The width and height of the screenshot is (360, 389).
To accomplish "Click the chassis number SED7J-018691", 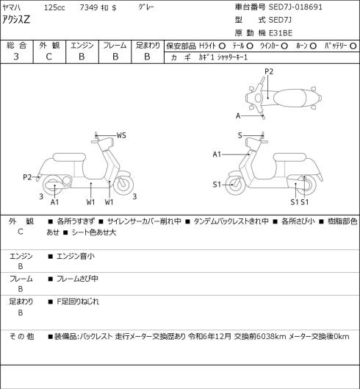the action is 295,7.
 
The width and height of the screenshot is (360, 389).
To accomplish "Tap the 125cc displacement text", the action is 54,7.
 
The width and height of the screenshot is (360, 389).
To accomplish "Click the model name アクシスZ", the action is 16,19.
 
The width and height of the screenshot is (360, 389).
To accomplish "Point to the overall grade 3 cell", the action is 16,57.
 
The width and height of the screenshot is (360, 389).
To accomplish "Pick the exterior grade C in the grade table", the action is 48,57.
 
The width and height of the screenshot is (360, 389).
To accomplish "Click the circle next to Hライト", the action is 222,46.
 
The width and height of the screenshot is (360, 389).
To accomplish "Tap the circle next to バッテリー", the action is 353,46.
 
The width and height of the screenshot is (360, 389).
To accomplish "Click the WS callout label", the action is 121,135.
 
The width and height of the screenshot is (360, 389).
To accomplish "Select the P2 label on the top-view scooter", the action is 269,72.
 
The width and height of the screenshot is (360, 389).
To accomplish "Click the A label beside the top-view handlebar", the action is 238,115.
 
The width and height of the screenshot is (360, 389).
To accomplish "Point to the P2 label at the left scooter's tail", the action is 27,177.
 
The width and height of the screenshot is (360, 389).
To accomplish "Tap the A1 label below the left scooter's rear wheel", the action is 54,202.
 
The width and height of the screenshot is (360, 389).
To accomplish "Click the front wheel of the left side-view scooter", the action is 123,184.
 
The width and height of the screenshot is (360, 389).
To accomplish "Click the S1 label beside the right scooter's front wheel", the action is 217,185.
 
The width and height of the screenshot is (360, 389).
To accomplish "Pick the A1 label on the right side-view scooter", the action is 217,154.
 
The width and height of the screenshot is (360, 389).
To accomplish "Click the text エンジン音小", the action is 76,256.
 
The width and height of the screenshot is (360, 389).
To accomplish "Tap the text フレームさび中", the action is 77,279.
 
